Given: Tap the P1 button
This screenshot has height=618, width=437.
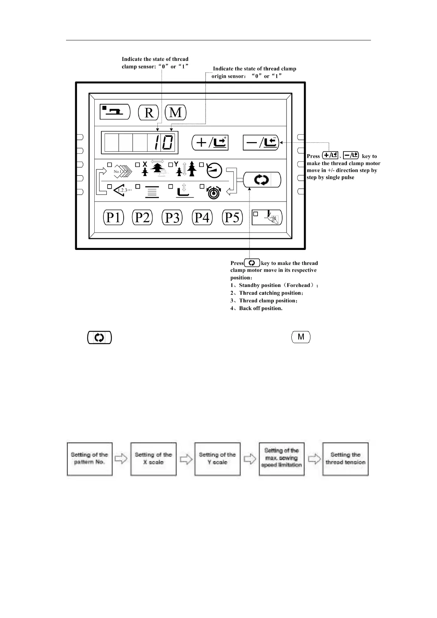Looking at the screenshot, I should tap(113, 217).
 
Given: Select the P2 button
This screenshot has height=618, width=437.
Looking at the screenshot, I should tap(142, 217).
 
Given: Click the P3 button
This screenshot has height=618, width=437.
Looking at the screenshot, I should tap(172, 217).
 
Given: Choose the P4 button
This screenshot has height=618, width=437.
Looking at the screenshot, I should tap(202, 217).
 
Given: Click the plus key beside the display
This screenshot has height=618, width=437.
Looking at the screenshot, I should tap(210, 142).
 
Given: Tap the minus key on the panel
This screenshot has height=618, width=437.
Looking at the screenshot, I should tap(261, 142).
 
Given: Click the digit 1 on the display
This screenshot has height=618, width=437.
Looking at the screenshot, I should tap(157, 142).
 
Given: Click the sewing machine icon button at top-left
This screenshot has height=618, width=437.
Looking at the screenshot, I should tap(115, 112).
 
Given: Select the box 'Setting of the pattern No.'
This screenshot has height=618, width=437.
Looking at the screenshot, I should tap(90, 459).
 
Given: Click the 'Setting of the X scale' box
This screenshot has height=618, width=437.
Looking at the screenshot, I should tap(153, 459).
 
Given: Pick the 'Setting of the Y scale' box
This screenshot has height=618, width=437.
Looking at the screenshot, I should tap(217, 459).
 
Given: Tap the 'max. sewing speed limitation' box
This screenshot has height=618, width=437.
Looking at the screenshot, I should tap(281, 459).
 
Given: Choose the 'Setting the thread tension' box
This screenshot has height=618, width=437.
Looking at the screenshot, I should tap(345, 459).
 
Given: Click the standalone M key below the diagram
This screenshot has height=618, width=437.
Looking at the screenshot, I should tap(301, 337).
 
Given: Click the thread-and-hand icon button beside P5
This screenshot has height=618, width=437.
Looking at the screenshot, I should tap(267, 218).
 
